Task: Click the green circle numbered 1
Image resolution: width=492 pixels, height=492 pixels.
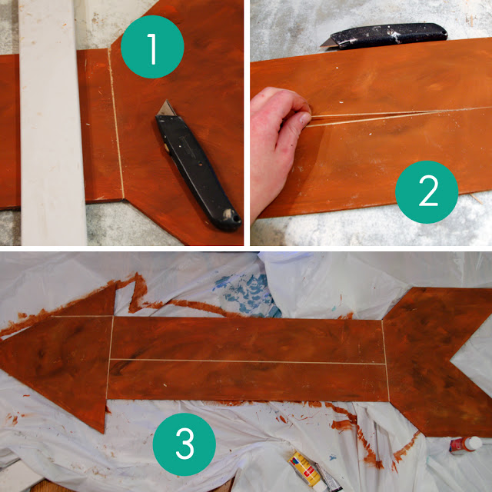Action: [152, 47]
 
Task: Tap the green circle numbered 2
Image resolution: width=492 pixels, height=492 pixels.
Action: [427, 191]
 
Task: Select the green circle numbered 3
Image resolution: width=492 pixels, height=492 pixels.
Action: [184, 444]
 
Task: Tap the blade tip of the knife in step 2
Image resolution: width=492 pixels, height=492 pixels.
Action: [321, 46]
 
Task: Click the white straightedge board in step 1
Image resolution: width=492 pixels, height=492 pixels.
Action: [52, 122]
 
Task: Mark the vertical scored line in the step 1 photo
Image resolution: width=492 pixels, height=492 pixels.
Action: [116, 123]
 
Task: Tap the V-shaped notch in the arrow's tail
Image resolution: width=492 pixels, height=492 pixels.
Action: [452, 361]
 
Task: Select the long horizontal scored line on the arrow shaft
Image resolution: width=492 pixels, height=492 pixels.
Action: [248, 361]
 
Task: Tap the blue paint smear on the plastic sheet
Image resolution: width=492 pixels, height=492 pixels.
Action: [248, 294]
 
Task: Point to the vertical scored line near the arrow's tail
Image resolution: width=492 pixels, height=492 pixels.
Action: [386, 361]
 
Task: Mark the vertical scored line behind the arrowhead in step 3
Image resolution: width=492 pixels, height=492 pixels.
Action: [109, 357]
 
